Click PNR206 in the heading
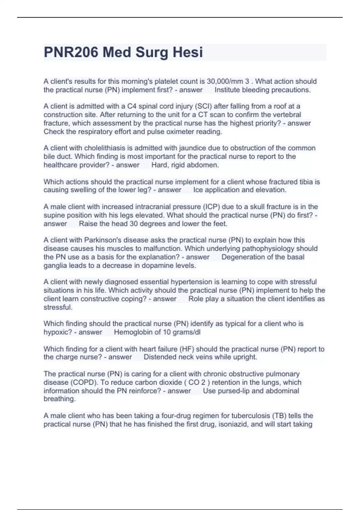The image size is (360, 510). point(71,52)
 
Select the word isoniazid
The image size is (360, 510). point(233,424)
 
